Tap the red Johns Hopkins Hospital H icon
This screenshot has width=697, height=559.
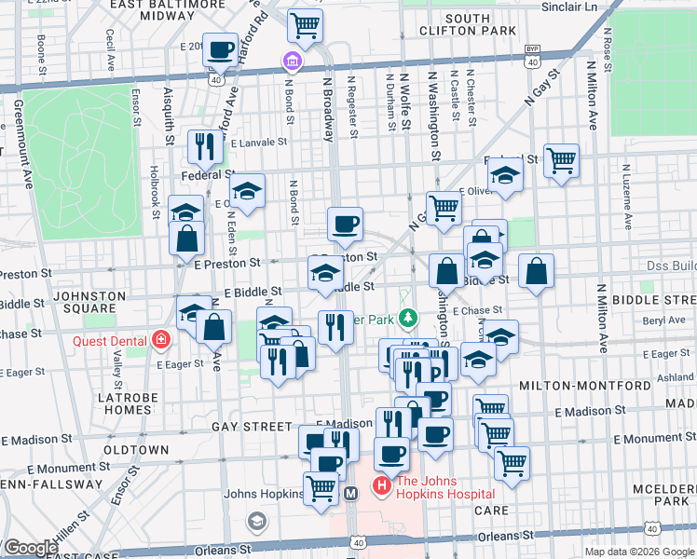coord(381,486)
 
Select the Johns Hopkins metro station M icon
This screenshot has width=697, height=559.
coord(351,493)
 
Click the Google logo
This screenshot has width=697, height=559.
coord(30,548)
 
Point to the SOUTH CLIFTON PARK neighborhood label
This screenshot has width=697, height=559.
coord(480,24)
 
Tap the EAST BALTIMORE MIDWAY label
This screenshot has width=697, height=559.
coord(155,10)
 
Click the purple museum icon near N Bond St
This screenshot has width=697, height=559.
coord(292,62)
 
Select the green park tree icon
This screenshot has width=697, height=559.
coord(407,319)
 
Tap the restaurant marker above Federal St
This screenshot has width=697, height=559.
coord(202,145)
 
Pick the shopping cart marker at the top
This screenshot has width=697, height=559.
coord(304,27)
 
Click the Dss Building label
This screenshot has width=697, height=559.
coord(671,266)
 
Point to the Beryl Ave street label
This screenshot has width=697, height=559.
coord(664,320)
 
